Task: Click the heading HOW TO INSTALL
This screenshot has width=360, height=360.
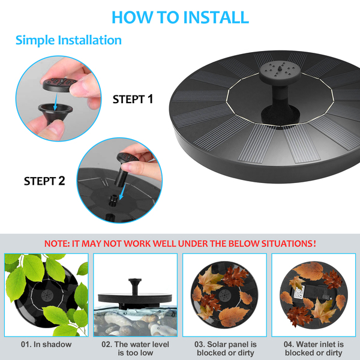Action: [x=180, y=17]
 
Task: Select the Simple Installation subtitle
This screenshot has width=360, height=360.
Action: [x=68, y=40]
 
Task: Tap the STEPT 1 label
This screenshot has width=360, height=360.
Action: [x=133, y=99]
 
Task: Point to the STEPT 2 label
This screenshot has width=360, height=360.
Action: [x=44, y=181]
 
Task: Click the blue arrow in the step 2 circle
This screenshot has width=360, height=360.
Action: [x=122, y=192]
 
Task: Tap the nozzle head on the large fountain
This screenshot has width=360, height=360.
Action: [x=280, y=71]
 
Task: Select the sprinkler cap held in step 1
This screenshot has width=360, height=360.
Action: [x=60, y=84]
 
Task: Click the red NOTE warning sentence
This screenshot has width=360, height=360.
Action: [x=180, y=244]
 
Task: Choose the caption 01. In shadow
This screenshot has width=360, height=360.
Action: [x=46, y=344]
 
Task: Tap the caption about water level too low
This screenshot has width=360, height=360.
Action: [x=135, y=349]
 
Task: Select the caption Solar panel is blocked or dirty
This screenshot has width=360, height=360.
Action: [x=226, y=349]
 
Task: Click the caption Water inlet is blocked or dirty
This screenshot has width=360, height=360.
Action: [x=314, y=349]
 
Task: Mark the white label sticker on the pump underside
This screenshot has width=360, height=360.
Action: [x=298, y=293]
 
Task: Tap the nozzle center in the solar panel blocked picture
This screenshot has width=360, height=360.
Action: [x=224, y=296]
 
